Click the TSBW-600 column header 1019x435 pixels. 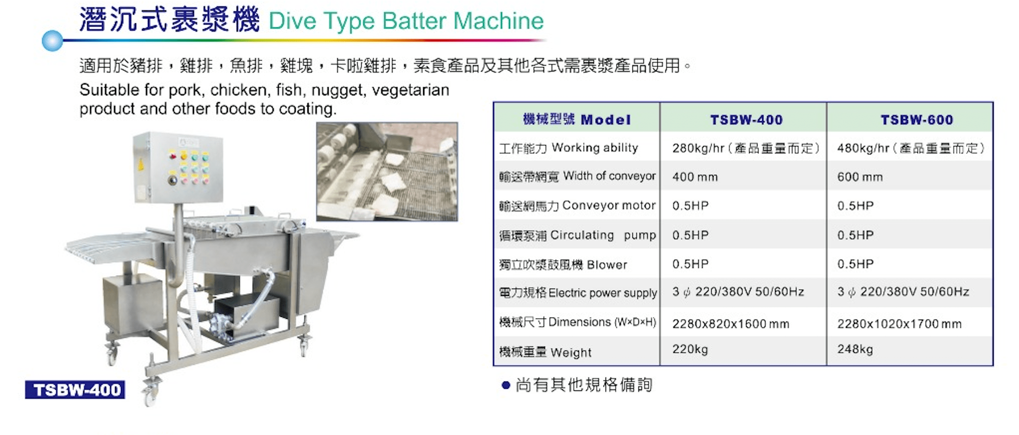pyautogui.click(x=917, y=119)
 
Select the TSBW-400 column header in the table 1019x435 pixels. pyautogui.click(x=747, y=119)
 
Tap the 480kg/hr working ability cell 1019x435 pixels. pyautogui.click(x=911, y=148)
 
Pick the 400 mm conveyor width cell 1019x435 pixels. pyautogui.click(x=695, y=177)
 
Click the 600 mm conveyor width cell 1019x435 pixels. pyautogui.click(x=860, y=177)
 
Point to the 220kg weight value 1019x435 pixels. pyautogui.click(x=690, y=349)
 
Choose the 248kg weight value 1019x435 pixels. pyautogui.click(x=855, y=349)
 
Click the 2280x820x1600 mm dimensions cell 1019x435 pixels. pyautogui.click(x=731, y=324)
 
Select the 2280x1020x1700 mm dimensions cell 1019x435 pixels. pyautogui.click(x=899, y=324)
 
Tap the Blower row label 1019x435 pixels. pyautogui.click(x=563, y=265)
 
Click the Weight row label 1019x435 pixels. pyautogui.click(x=545, y=352)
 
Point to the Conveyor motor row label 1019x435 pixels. pyautogui.click(x=577, y=206)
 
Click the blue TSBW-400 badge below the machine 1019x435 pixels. pyautogui.click(x=75, y=390)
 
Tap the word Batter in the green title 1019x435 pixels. pyautogui.click(x=414, y=21)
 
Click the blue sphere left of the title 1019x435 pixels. pyautogui.click(x=53, y=41)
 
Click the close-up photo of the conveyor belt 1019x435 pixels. pyautogui.click(x=387, y=172)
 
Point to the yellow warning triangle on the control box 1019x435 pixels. pyautogui.click(x=141, y=164)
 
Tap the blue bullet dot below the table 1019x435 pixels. pyautogui.click(x=506, y=386)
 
